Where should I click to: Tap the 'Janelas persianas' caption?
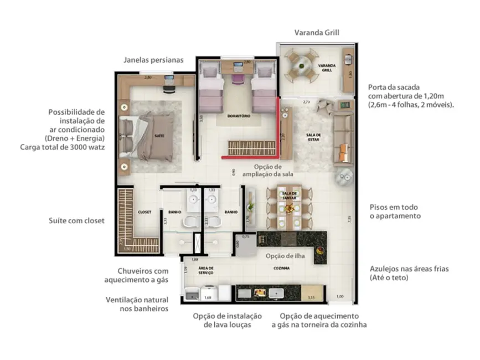point(153,60)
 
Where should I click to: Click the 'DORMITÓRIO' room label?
point(239,116)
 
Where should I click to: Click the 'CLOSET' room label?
point(144,212)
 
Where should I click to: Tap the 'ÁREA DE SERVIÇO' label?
point(206,270)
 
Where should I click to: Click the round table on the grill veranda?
point(302,65)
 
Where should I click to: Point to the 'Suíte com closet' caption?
point(76,221)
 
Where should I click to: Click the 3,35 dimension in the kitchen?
point(312,298)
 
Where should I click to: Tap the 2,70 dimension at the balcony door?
point(306,102)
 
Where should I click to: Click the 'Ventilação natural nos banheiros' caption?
point(137,304)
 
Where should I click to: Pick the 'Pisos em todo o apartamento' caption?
point(395,211)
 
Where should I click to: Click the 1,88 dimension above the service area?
point(194,259)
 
